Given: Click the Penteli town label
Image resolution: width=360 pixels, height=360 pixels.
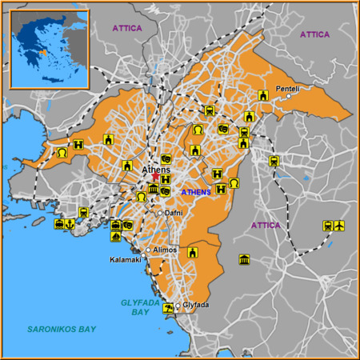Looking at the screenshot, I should tap(286, 88).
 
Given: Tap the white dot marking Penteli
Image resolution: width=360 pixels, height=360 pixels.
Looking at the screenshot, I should tap(289, 97).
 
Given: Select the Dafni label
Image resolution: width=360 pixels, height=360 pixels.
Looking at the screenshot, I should tap(174, 213).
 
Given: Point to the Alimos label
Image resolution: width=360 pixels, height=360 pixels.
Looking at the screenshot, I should tap(165, 250).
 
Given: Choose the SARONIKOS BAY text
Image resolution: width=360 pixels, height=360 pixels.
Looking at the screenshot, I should tap(62, 329).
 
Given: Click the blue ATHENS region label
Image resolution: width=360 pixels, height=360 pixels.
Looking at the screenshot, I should tap(196, 192).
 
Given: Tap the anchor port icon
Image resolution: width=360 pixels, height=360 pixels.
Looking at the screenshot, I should tap(70, 224).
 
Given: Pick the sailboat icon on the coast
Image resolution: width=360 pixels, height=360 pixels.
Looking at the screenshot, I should tap(117, 236).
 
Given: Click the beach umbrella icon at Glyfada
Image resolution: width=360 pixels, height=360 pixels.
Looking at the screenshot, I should tap(167, 308).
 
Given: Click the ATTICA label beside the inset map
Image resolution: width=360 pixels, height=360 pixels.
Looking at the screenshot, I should tap(127, 28).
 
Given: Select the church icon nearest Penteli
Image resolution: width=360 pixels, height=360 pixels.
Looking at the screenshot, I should tap(262, 96).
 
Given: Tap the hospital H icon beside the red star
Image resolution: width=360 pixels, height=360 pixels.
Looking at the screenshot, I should tap(166, 179).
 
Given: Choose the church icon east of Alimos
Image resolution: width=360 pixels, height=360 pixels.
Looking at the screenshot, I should tap(192, 252).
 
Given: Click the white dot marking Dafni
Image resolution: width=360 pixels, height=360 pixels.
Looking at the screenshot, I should tap(160, 213).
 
